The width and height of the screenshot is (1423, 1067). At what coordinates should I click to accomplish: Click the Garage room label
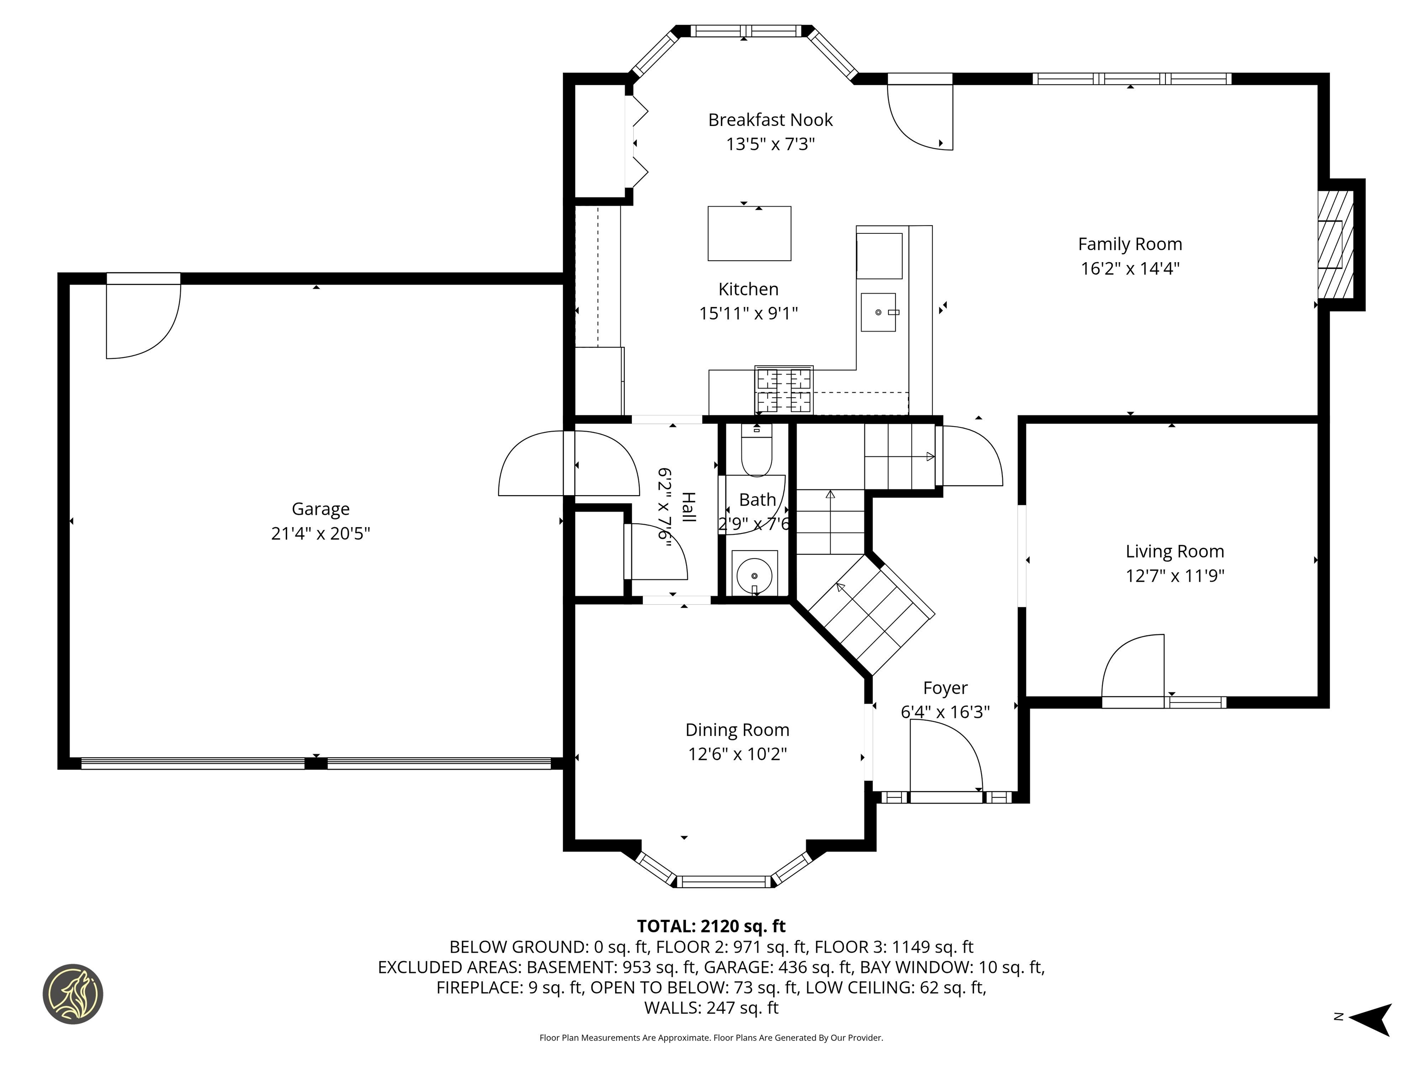(321, 509)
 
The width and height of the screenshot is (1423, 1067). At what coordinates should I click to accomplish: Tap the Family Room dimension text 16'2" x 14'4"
(1130, 268)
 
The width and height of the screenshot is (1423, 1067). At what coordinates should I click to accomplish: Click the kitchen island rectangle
(749, 233)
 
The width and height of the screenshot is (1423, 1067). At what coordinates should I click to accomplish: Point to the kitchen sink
(878, 313)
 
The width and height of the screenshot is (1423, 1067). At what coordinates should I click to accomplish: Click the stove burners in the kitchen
(784, 390)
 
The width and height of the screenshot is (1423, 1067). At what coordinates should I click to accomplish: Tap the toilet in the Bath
(756, 450)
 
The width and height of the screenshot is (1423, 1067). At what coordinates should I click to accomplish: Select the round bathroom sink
(754, 576)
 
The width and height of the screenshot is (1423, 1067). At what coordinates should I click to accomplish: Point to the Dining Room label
(737, 729)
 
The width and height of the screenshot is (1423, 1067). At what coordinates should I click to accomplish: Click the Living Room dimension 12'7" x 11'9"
(1175, 576)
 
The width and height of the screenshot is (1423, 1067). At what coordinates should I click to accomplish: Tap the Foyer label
(945, 688)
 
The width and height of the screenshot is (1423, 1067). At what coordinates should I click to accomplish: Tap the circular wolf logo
(73, 994)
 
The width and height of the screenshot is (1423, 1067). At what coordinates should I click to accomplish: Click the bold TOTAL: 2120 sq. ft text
(711, 926)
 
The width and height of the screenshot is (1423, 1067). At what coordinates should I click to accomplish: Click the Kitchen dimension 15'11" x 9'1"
(748, 313)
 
